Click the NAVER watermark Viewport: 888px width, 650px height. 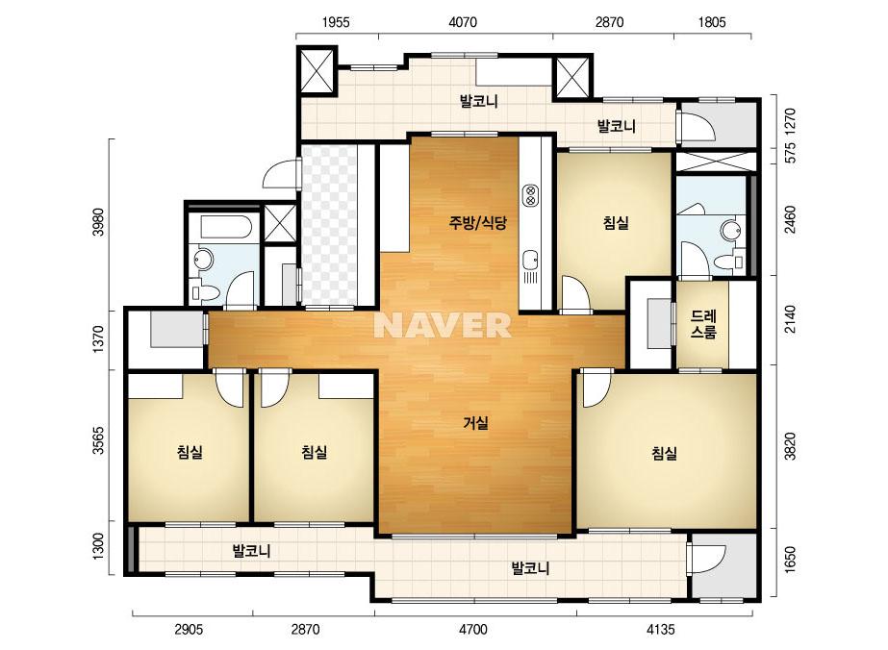tap(443, 325)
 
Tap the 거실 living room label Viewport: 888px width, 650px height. tap(475, 423)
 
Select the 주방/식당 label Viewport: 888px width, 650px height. tap(477, 223)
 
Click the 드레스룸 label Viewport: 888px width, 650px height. tap(703, 324)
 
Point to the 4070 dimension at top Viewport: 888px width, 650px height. tap(463, 23)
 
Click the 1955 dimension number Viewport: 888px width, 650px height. tap(336, 23)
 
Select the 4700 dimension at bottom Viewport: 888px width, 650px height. tap(473, 629)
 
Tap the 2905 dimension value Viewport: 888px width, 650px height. tap(189, 629)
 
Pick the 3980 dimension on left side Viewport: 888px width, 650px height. tap(98, 222)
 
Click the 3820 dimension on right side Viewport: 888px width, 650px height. tap(790, 446)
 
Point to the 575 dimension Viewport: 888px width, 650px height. tap(790, 153)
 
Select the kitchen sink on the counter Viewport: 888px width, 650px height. tap(531, 261)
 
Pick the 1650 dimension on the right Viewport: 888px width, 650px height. tap(790, 560)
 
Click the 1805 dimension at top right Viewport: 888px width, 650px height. tap(711, 23)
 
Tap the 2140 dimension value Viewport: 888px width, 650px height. tap(790, 319)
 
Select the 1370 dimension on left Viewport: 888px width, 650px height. tap(98, 339)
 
